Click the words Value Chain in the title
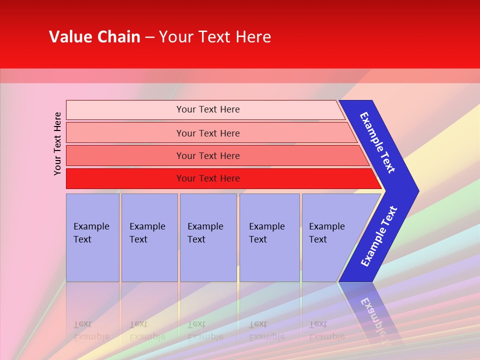[x=94, y=37]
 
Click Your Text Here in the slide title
[x=215, y=37]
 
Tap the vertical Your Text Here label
[x=58, y=143]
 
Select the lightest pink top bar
[x=207, y=109]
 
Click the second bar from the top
[x=207, y=133]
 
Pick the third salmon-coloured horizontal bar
[x=207, y=155]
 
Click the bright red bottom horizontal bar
[x=207, y=178]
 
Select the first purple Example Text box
[x=92, y=237]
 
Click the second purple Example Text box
[x=149, y=237]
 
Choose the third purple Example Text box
[x=208, y=237]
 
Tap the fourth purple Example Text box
[x=269, y=237]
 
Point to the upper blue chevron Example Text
[x=378, y=142]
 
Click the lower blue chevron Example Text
[x=379, y=236]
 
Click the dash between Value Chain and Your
[x=149, y=37]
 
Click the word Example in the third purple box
[x=205, y=226]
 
